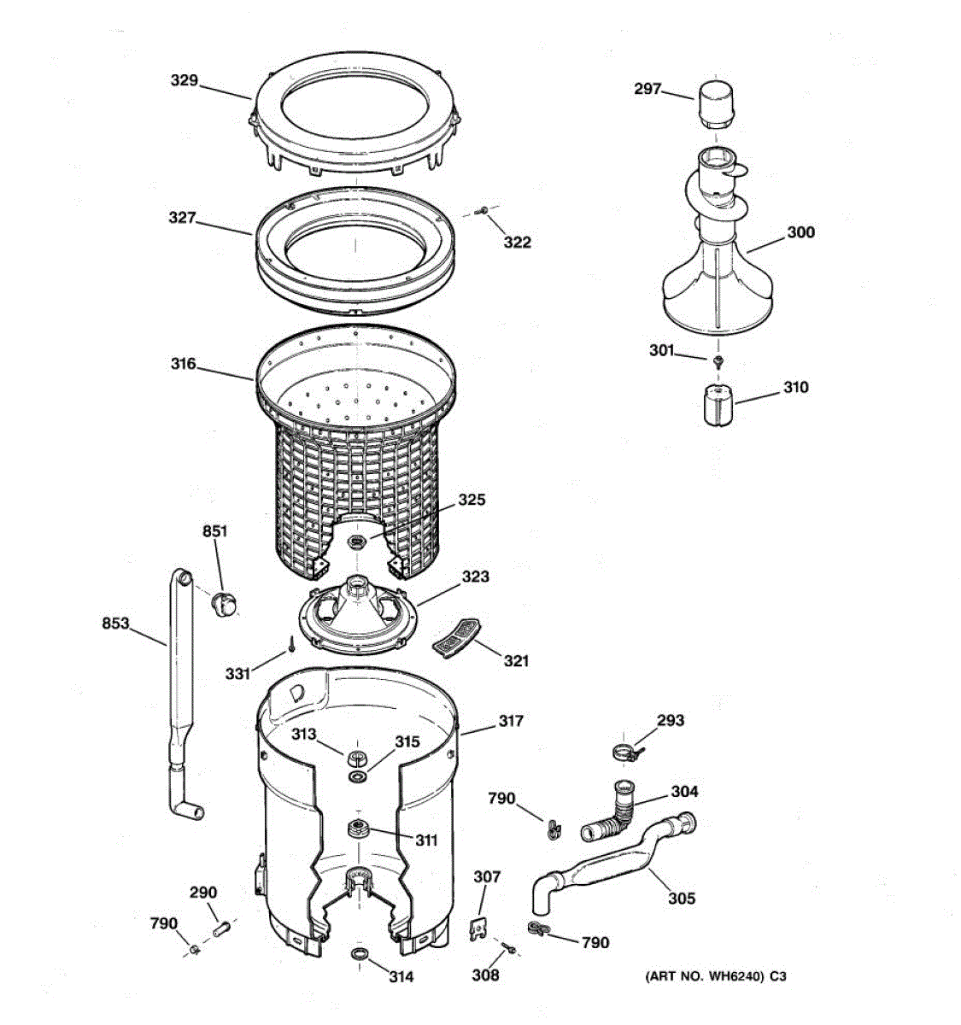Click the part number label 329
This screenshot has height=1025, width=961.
pyautogui.click(x=184, y=81)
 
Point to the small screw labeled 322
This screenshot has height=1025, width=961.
pyautogui.click(x=484, y=208)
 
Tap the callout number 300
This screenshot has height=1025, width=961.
pyautogui.click(x=800, y=232)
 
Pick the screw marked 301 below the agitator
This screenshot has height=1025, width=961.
pyautogui.click(x=718, y=362)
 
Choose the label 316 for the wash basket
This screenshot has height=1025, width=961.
pyautogui.click(x=183, y=365)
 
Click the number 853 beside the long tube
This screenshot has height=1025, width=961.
pyautogui.click(x=115, y=624)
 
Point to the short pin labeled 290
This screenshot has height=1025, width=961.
pyautogui.click(x=221, y=926)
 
